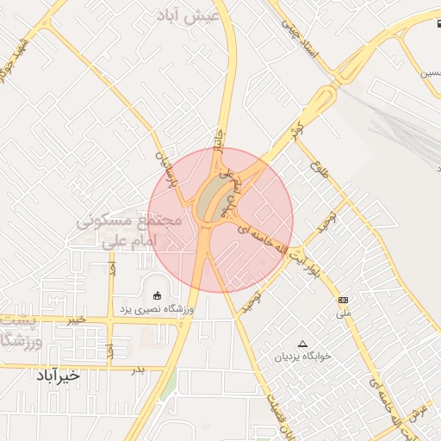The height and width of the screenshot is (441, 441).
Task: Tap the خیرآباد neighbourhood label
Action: pos(58,376)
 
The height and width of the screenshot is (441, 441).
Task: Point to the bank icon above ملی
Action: pos(344,300)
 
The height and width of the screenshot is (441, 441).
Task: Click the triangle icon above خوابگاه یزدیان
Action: pos(301,344)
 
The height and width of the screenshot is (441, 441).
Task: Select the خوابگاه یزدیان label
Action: pos(302,356)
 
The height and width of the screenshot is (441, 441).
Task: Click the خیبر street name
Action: pos(78,319)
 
